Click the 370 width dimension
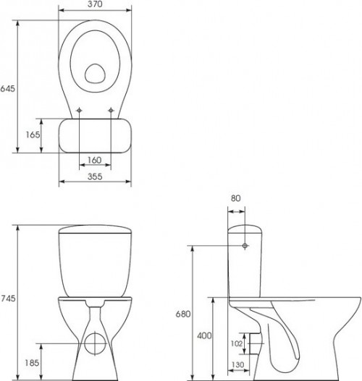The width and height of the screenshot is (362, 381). pos(95,4)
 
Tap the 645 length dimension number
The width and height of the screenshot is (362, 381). pos(7,89)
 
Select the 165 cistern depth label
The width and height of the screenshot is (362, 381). pos(33,134)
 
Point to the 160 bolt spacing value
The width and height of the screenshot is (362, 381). pos(94,160)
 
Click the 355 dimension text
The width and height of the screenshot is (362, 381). pos(95,176)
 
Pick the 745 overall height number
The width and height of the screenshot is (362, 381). pos(8,298)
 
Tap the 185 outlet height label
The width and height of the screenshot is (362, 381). pos(32,363)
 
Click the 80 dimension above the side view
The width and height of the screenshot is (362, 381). pos(235,198)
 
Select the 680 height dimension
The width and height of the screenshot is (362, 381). pos(183,314)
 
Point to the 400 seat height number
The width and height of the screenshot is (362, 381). pos(204,335)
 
